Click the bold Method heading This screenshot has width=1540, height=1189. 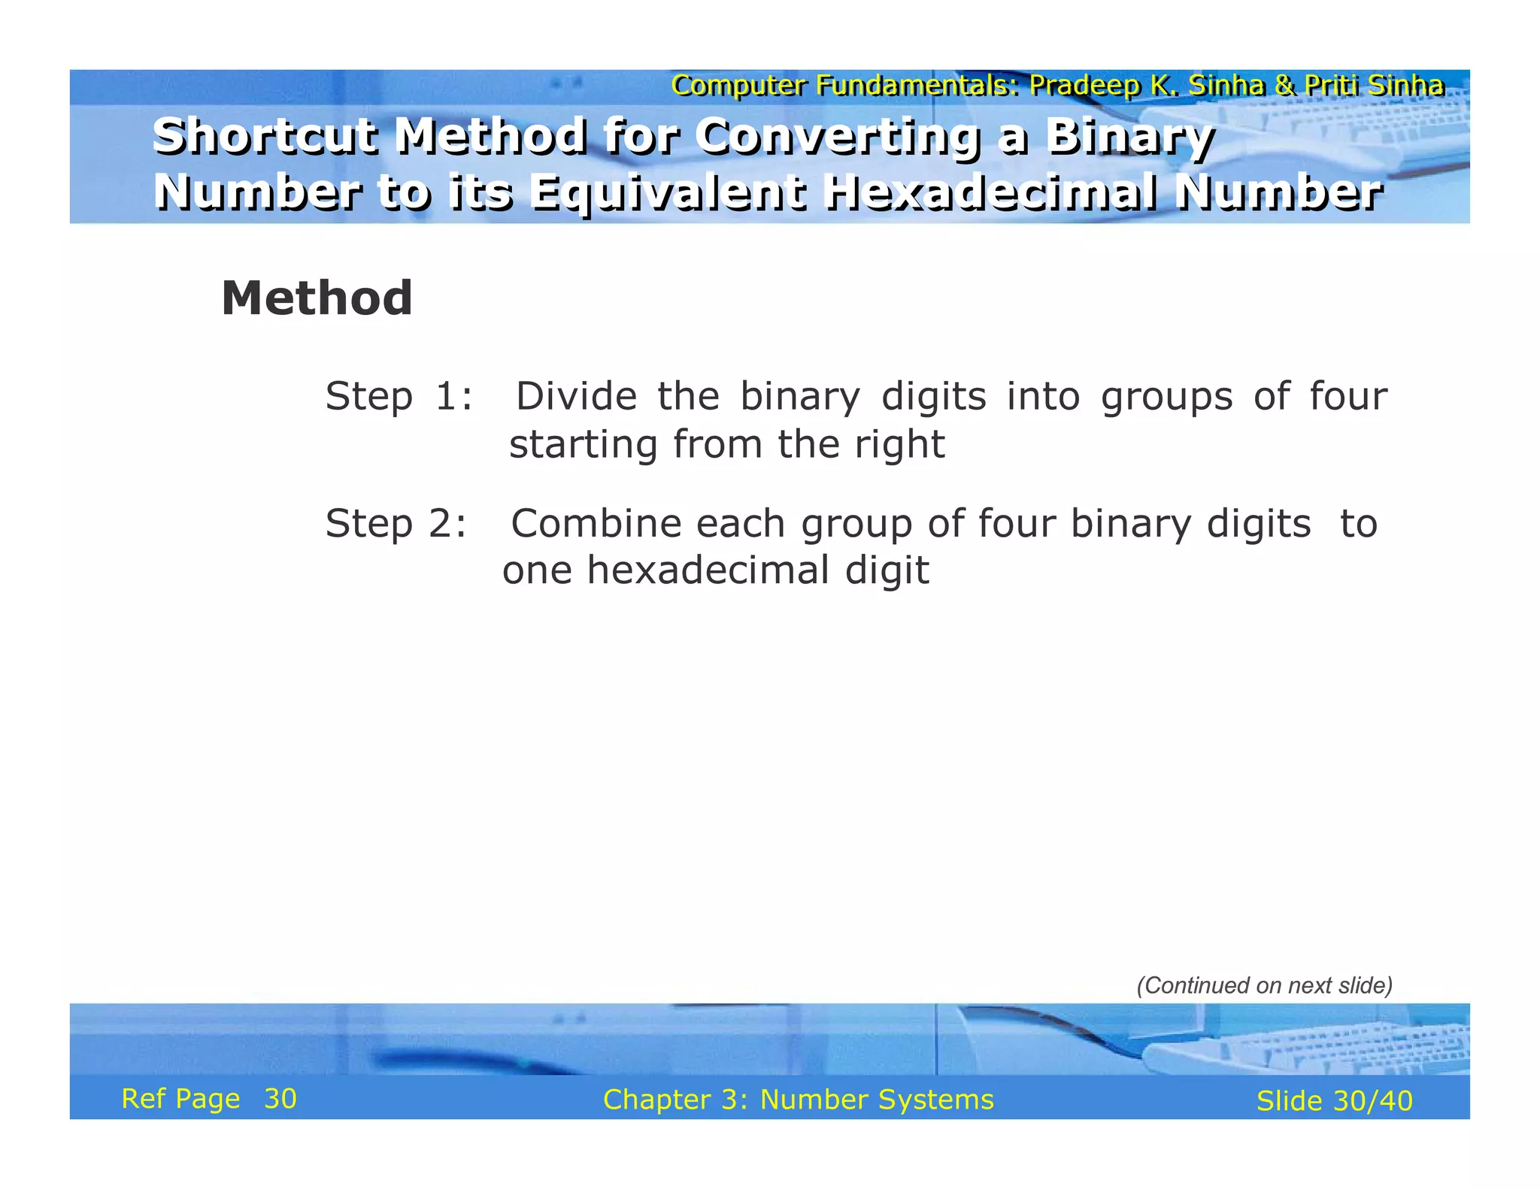pos(317,298)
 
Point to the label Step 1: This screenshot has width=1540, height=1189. pos(399,396)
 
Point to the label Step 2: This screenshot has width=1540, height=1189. pos(396,523)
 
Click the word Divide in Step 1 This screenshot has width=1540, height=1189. pos(576,396)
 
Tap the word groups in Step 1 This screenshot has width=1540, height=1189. pos(1166,398)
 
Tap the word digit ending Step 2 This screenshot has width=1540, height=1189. pos(887,571)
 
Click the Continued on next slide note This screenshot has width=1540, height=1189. pos(1264,985)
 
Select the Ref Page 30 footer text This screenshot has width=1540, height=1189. pos(209,1099)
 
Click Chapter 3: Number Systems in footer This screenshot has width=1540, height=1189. pos(798,1100)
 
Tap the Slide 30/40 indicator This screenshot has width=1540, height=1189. pos(1334,1101)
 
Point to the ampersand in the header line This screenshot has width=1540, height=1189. pos(1284,86)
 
